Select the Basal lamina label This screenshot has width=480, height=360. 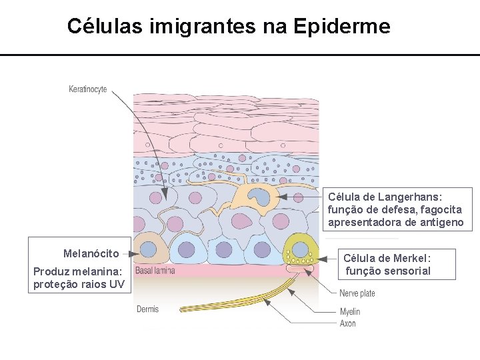pos(155,270)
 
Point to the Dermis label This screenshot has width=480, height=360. pos(148,309)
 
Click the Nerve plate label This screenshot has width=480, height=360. pos(357,293)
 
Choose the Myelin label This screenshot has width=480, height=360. pos(350,311)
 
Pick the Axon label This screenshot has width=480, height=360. pos(348,323)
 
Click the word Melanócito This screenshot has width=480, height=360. pos(91,253)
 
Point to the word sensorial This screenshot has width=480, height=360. pos(408,271)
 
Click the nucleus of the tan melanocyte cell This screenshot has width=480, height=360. pos(148,249)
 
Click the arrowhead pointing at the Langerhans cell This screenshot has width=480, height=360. pos(281,197)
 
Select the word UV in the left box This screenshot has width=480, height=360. pos(117,285)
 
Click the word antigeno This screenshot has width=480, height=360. pos(441,222)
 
